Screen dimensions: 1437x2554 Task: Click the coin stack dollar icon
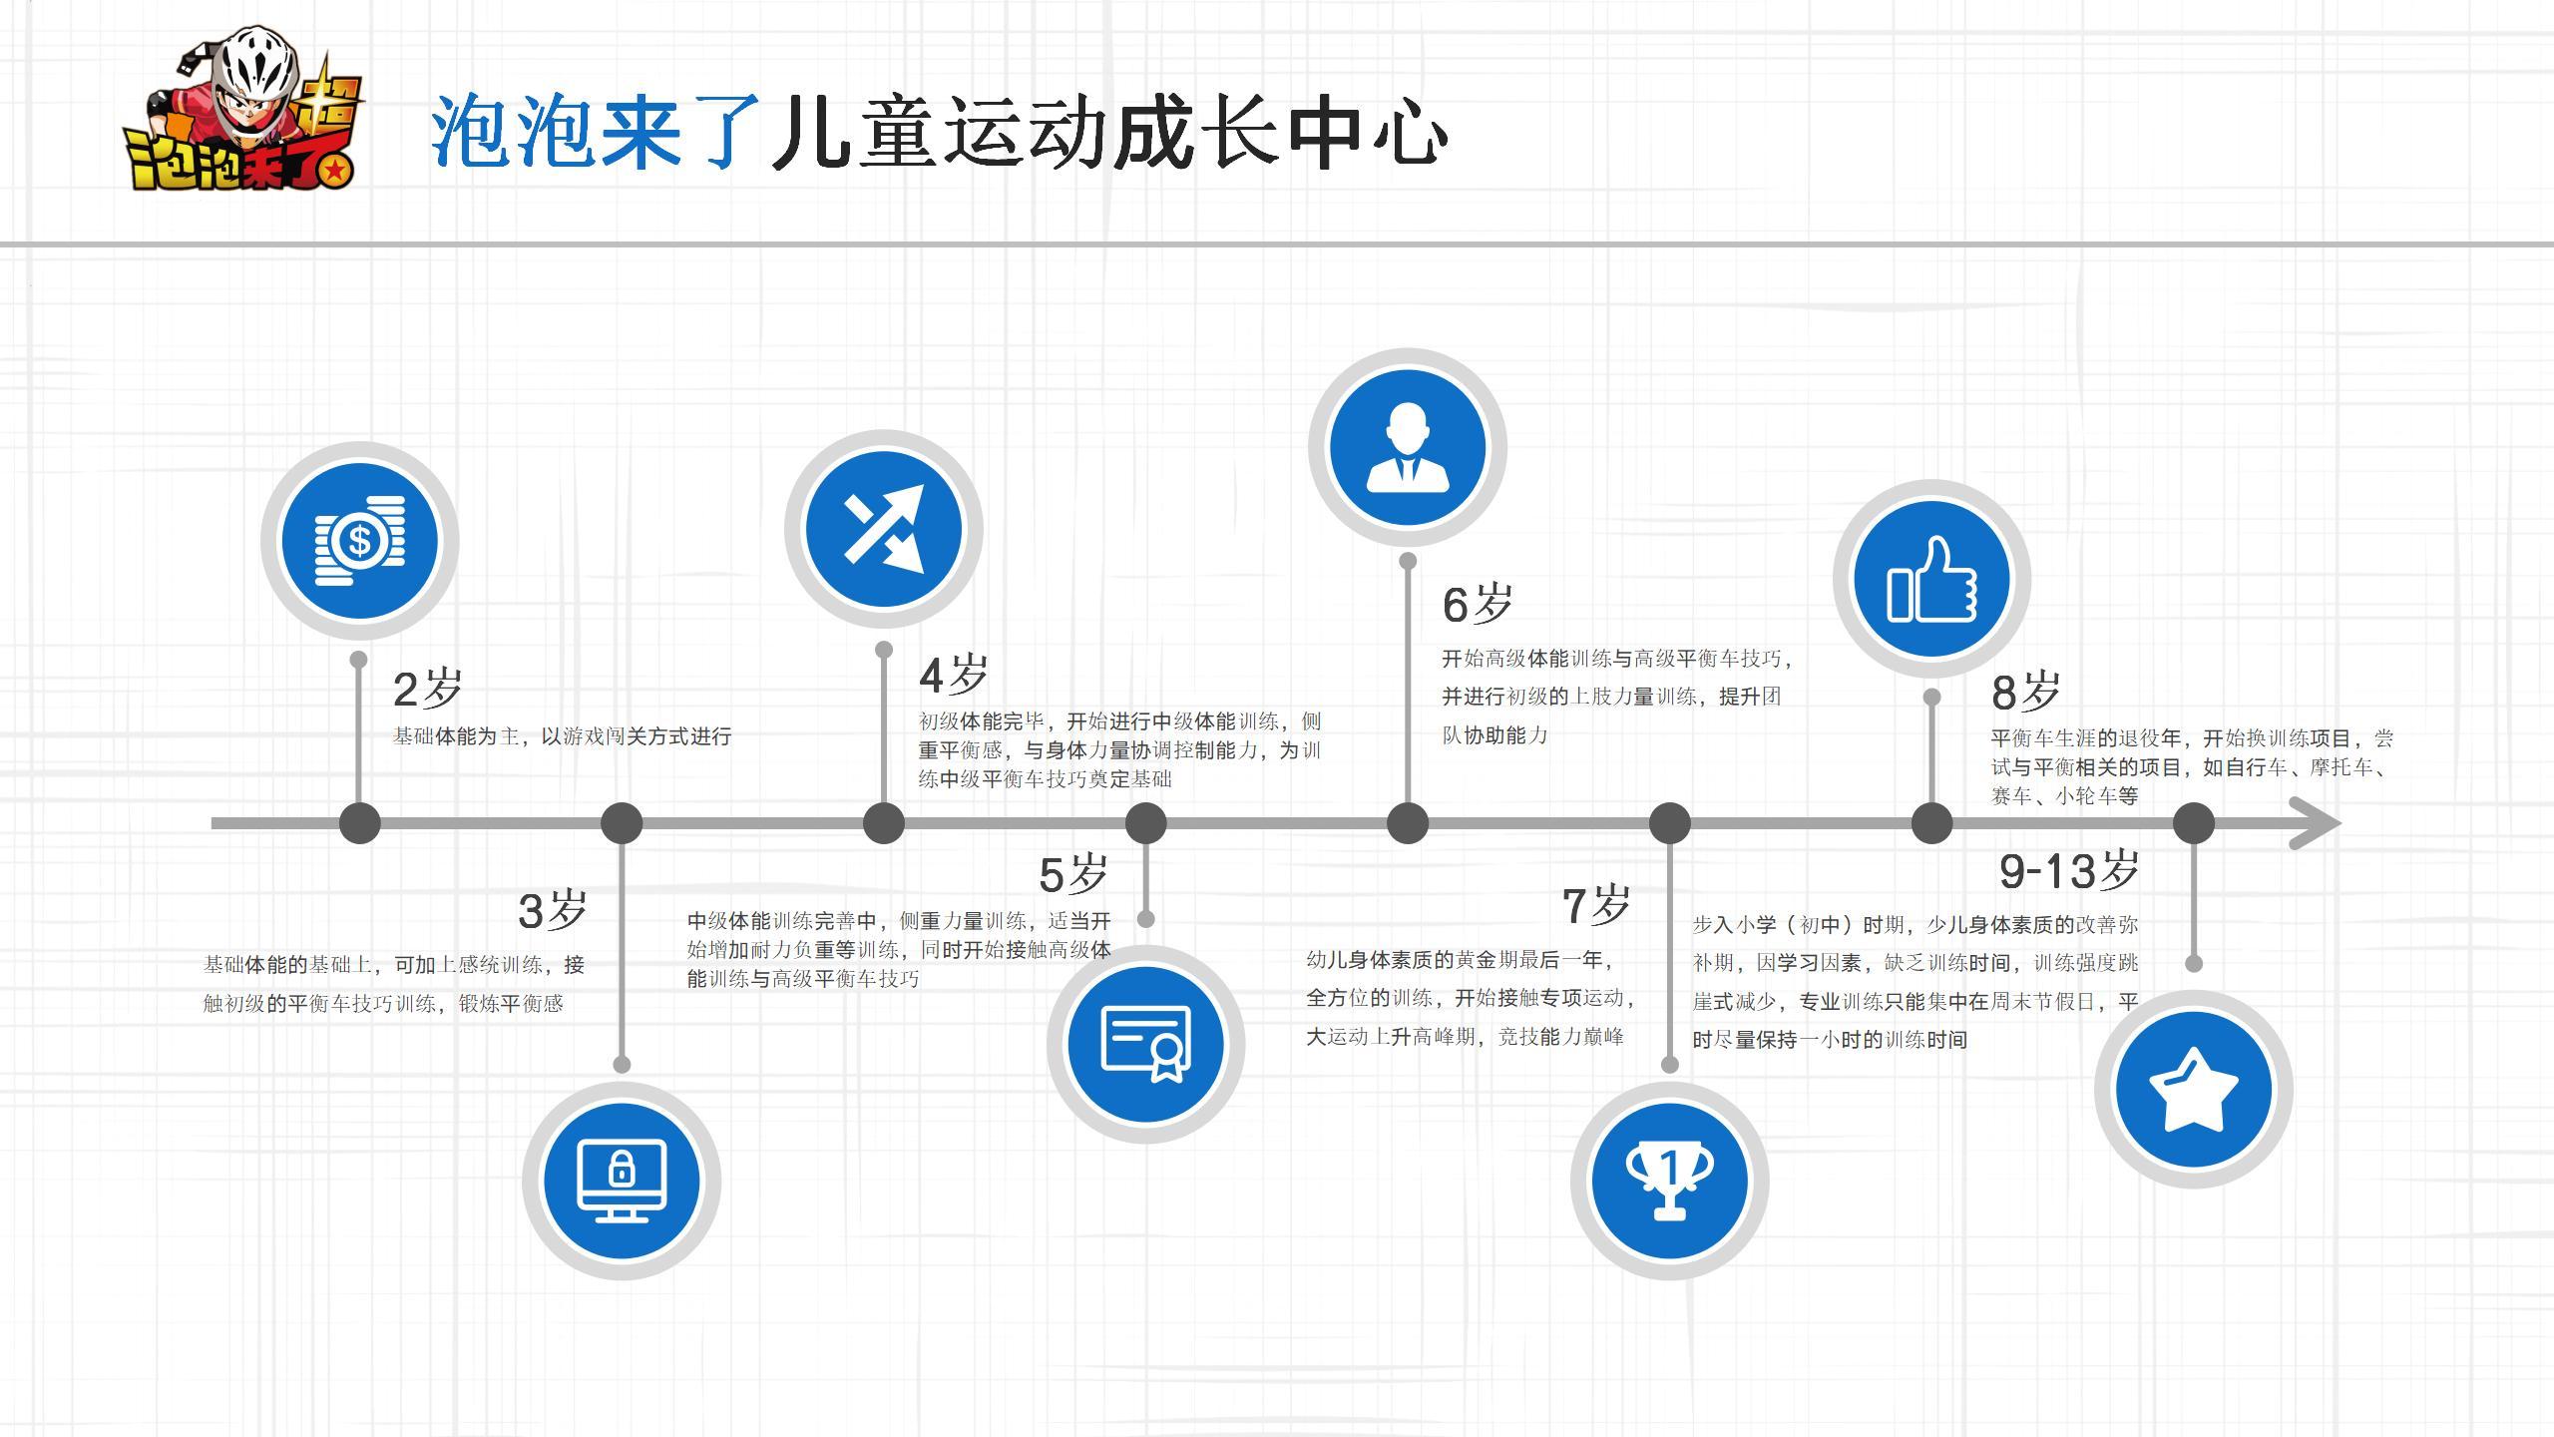click(x=359, y=540)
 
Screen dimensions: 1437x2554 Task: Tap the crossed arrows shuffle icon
click(x=883, y=529)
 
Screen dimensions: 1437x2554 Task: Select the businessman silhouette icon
click(x=1407, y=447)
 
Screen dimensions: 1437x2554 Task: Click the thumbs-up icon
click(x=1931, y=579)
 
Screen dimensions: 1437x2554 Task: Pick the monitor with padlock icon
click(x=621, y=1181)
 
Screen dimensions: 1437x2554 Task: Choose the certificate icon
click(x=1145, y=1043)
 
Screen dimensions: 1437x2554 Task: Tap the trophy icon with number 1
click(x=1669, y=1181)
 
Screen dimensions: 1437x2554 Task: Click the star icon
click(x=2193, y=1089)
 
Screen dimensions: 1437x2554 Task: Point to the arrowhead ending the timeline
click(x=2317, y=823)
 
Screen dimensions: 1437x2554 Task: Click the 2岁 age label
click(x=428, y=689)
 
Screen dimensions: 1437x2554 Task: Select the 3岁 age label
click(x=553, y=910)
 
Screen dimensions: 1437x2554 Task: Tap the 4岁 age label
click(x=953, y=676)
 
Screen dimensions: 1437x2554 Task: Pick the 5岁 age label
click(x=1073, y=875)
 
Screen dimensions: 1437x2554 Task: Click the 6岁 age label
click(x=1478, y=604)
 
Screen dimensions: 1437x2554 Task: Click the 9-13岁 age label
click(x=2069, y=871)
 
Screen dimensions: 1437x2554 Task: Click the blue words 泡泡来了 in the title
click(x=596, y=132)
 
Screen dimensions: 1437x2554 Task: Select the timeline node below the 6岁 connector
click(x=1407, y=823)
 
